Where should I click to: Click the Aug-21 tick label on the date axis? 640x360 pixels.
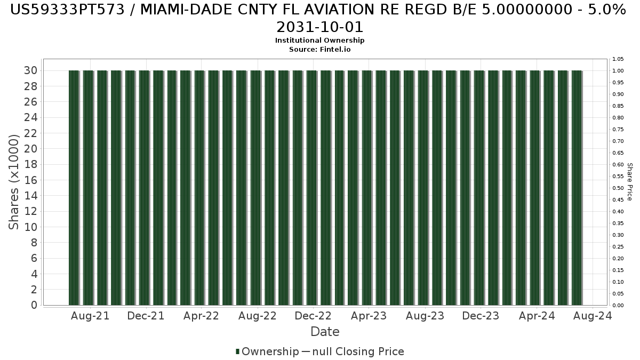point(90,316)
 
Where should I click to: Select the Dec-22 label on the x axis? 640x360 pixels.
point(313,316)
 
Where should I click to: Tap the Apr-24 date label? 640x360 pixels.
point(537,316)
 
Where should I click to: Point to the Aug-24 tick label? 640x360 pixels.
point(593,316)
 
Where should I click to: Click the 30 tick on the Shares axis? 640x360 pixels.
point(30,70)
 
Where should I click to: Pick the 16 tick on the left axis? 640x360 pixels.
point(30,180)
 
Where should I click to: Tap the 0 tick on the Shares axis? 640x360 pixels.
point(34,305)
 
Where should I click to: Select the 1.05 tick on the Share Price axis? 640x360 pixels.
point(618,59)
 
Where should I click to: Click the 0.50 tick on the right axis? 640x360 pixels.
point(618,188)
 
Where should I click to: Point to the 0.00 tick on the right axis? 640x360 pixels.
point(618,306)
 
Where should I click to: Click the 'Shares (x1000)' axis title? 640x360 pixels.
point(13,182)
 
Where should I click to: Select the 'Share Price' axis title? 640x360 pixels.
point(630,182)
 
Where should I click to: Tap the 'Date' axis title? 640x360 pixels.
point(325,332)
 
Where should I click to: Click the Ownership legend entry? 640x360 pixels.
point(267,351)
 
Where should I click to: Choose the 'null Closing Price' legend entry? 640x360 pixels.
point(353,351)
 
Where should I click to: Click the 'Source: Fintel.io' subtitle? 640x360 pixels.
point(319,50)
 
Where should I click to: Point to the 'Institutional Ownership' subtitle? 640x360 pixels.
point(319,41)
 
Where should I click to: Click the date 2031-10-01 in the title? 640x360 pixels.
point(319,27)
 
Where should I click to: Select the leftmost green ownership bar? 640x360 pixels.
point(74,188)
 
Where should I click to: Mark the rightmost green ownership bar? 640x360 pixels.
point(577,188)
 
